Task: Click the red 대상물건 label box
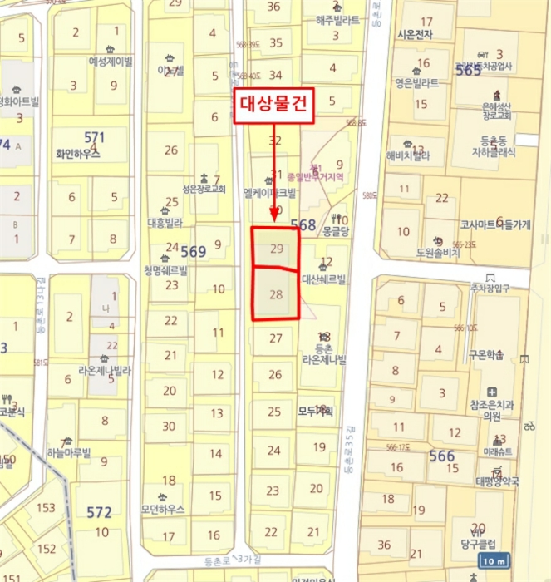(x=274, y=106)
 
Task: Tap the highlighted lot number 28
(x=277, y=293)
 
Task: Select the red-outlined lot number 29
(x=277, y=249)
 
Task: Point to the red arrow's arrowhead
(x=274, y=222)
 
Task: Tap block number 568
(x=303, y=224)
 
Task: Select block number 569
(x=193, y=251)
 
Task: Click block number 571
(x=95, y=136)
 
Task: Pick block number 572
(x=99, y=512)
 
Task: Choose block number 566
(x=441, y=456)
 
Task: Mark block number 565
(x=468, y=72)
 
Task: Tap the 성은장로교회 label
(x=203, y=190)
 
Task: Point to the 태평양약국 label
(x=497, y=481)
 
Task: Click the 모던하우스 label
(x=163, y=509)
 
